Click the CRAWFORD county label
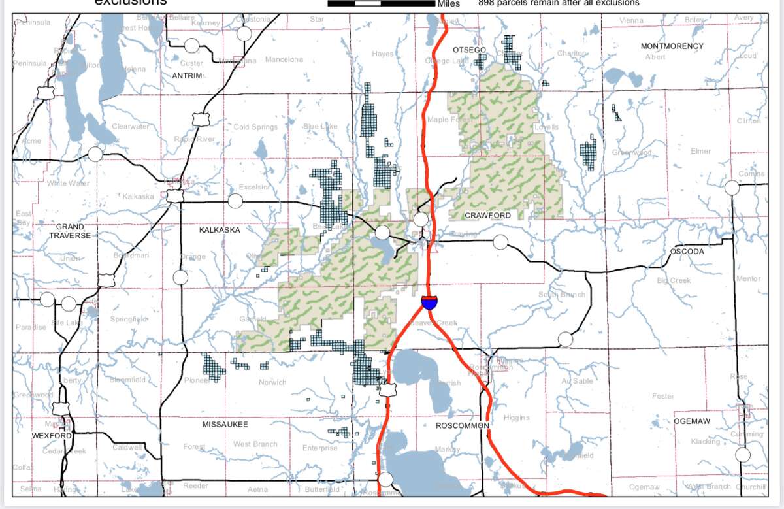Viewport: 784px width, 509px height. pyautogui.click(x=487, y=215)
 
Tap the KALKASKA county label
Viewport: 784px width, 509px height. pyautogui.click(x=220, y=230)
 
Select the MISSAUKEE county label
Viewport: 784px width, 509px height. pyautogui.click(x=225, y=425)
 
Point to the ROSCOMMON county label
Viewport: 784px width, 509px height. pyautogui.click(x=462, y=425)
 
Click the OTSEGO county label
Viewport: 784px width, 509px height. pyautogui.click(x=469, y=50)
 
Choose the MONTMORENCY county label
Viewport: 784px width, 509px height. pyautogui.click(x=672, y=46)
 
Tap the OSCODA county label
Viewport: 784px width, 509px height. pyautogui.click(x=687, y=252)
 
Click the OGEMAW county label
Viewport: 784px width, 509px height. pyautogui.click(x=692, y=421)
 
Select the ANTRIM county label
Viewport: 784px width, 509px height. pyautogui.click(x=187, y=76)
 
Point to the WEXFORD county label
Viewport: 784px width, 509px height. pyautogui.click(x=52, y=435)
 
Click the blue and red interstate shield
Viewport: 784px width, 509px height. pyautogui.click(x=429, y=302)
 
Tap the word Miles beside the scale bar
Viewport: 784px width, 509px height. pyautogui.click(x=449, y=3)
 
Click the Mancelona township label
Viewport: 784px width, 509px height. pyautogui.click(x=284, y=60)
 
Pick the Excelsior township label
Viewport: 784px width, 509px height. pyautogui.click(x=253, y=187)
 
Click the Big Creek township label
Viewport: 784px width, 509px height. pyautogui.click(x=674, y=281)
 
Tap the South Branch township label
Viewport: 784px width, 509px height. pyautogui.click(x=561, y=295)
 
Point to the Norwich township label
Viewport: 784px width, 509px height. pyautogui.click(x=272, y=382)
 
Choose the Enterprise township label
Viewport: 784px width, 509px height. pyautogui.click(x=319, y=448)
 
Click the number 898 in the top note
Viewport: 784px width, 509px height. pyautogui.click(x=487, y=3)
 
